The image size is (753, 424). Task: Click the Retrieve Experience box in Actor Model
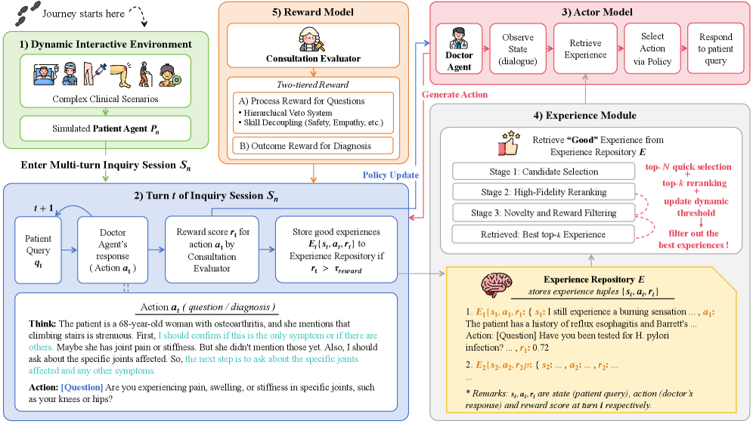pos(584,49)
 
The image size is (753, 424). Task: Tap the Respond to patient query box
pos(715,49)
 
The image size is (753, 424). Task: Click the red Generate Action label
pos(454,94)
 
